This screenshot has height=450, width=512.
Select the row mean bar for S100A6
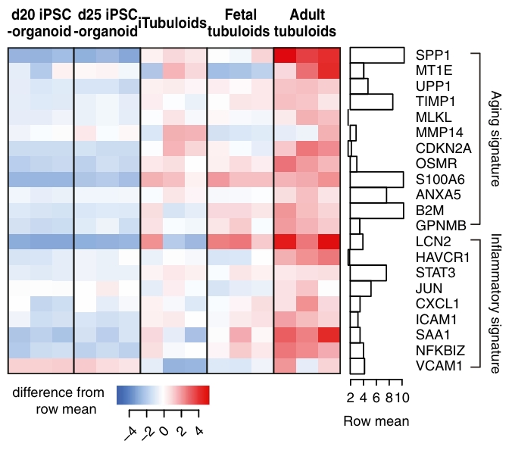pyautogui.click(x=376, y=180)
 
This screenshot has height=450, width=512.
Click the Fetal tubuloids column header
pyautogui.click(x=239, y=24)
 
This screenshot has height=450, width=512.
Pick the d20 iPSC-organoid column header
pyautogui.click(x=40, y=24)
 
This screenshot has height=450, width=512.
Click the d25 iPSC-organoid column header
pyautogui.click(x=107, y=24)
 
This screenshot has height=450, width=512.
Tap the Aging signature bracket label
pyautogui.click(x=497, y=139)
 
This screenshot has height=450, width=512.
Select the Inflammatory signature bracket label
pyautogui.click(x=497, y=303)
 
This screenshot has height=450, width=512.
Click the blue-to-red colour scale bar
pyautogui.click(x=162, y=395)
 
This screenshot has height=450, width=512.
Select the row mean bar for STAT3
pyautogui.click(x=368, y=273)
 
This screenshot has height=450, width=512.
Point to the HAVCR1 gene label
pyautogui.click(x=437, y=257)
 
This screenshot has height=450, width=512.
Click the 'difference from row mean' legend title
pyautogui.click(x=61, y=402)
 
